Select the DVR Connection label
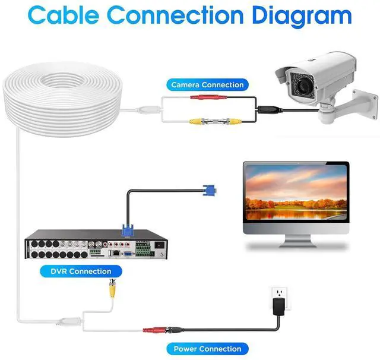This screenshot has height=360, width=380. [81, 271]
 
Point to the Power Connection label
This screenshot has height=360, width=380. [207, 349]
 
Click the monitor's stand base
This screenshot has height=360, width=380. [296, 244]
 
